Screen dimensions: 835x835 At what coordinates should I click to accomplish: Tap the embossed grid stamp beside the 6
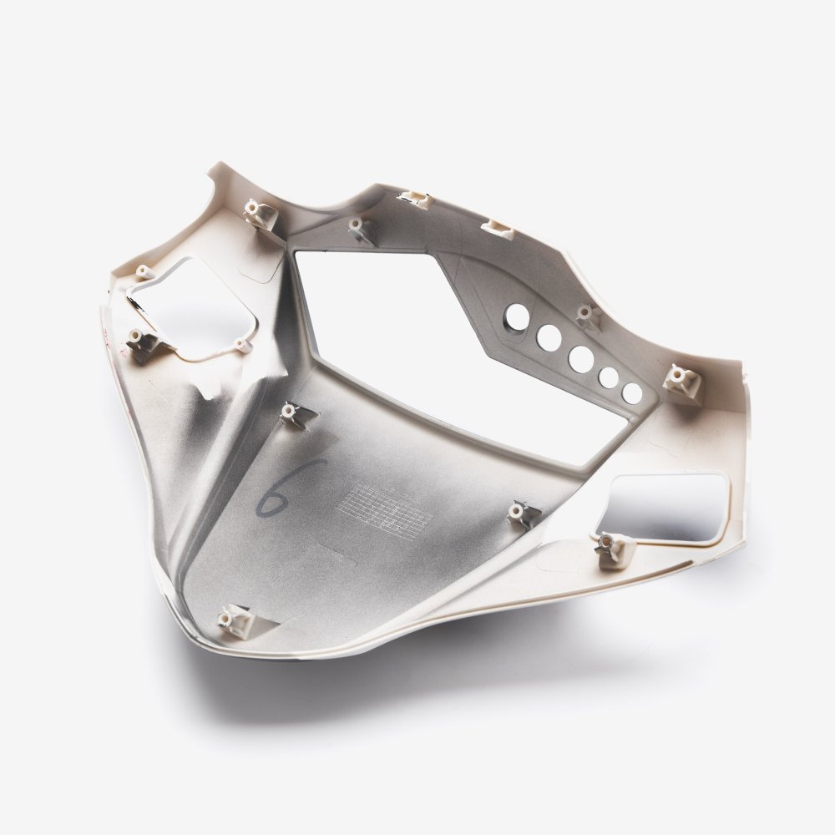pos(388,509)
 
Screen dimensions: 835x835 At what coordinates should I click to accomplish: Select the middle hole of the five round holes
pos(580,358)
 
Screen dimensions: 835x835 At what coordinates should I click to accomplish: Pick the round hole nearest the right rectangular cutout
pos(633,392)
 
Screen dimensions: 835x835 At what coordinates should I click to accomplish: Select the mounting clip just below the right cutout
pos(614,547)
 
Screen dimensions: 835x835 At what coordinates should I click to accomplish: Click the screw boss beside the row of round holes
pos(586,314)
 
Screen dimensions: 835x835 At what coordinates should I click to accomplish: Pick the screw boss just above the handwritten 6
pos(290,412)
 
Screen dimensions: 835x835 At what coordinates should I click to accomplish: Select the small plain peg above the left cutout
pos(143,271)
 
